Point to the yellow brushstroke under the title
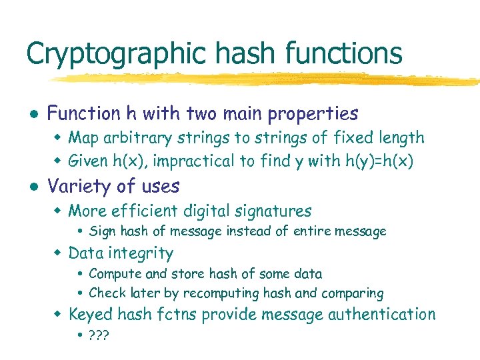pos(267,79)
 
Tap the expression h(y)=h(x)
pos(379,161)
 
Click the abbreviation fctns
pos(178,314)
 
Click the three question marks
pos(98,334)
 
